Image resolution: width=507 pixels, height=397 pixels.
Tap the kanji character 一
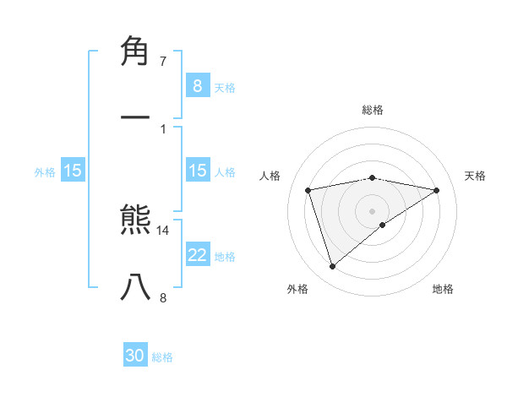[x=136, y=116]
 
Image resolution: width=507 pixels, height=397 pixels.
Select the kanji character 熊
[x=136, y=221]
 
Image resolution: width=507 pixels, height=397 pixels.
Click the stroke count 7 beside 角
[x=163, y=62]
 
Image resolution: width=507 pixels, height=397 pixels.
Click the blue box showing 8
[x=197, y=85]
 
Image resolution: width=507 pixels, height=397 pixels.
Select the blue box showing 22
[x=197, y=255]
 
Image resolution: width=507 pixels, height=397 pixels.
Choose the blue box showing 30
[x=135, y=356]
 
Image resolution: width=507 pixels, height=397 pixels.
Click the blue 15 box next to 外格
[x=73, y=171]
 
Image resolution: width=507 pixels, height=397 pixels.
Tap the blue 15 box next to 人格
[x=197, y=171]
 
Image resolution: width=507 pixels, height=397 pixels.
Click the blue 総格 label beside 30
[x=162, y=357]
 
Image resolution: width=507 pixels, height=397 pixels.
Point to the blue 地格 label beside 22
[x=225, y=257]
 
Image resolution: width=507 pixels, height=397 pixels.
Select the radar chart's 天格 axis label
[x=476, y=176]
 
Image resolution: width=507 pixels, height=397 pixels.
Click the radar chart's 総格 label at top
[x=373, y=110]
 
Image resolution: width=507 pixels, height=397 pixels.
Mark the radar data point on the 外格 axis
[x=332, y=266]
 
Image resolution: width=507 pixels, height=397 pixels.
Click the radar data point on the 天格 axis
[x=436, y=190]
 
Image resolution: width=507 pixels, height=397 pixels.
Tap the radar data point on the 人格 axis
[x=308, y=190]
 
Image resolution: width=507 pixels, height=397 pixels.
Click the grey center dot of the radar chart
[x=373, y=210]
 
